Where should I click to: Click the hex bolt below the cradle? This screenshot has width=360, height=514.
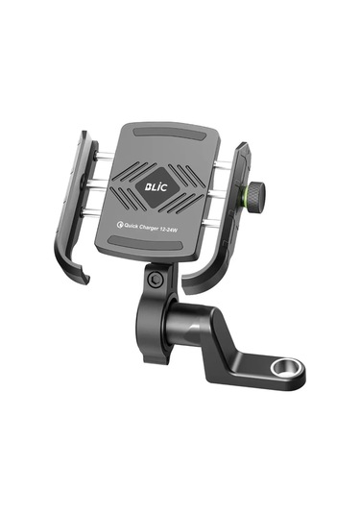coord(156,278)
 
